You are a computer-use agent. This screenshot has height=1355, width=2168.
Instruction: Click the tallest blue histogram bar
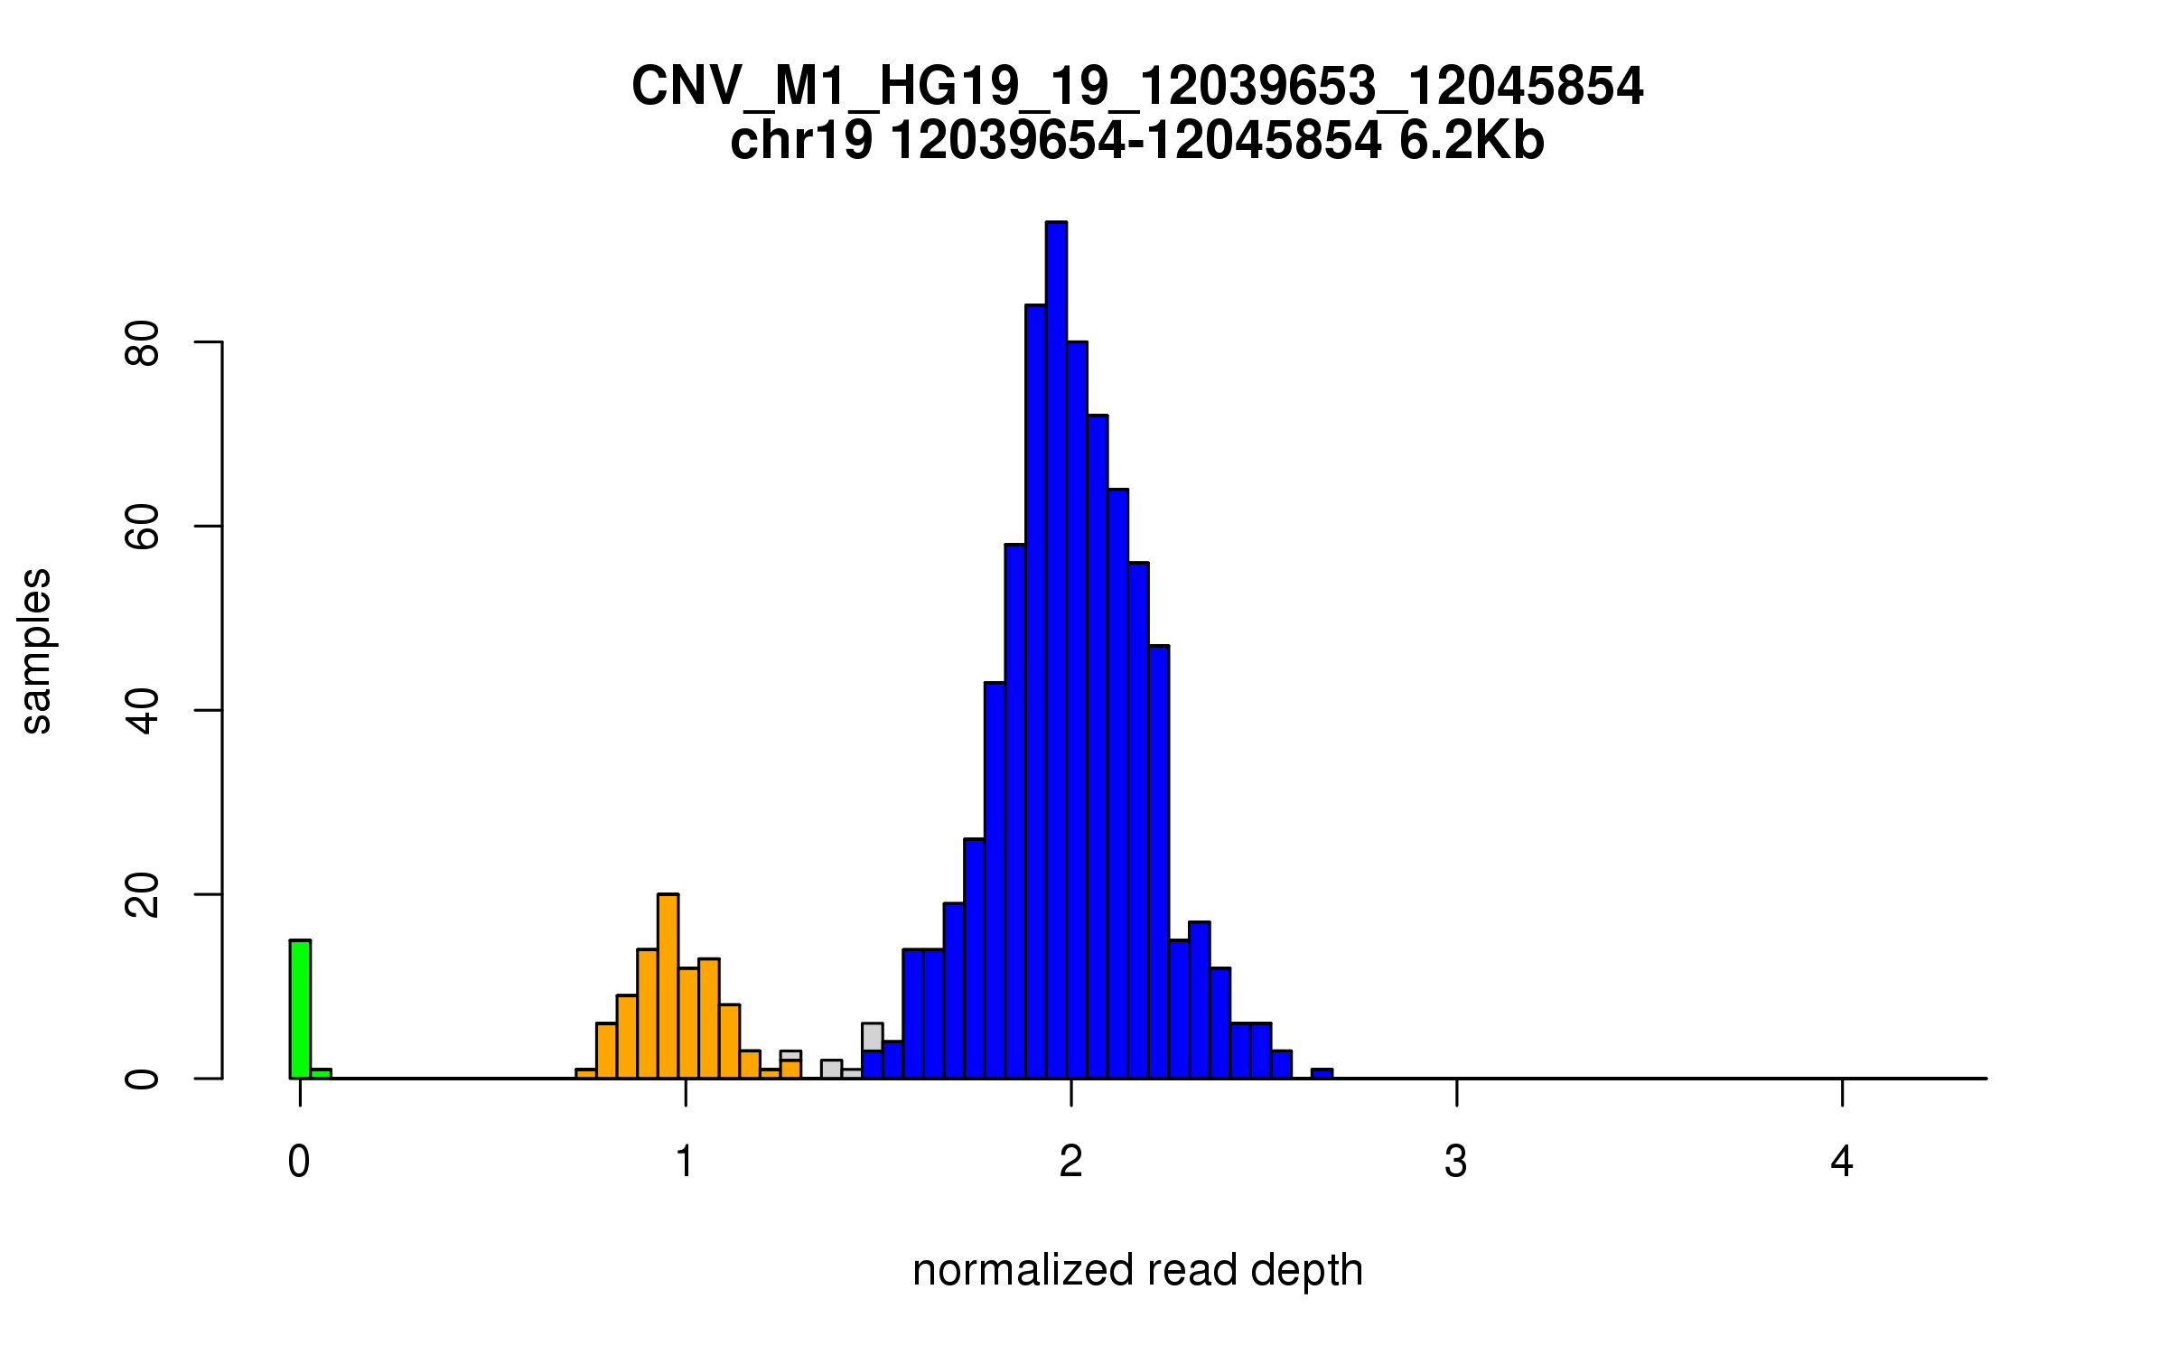pyautogui.click(x=1056, y=650)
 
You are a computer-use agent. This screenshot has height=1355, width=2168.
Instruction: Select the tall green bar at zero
pyautogui.click(x=300, y=1009)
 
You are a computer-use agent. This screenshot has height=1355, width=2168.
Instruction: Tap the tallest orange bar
pyautogui.click(x=668, y=986)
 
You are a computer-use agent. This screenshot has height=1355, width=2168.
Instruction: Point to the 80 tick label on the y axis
pyautogui.click(x=143, y=342)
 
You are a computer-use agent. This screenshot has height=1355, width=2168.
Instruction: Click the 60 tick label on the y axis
pyautogui.click(x=143, y=527)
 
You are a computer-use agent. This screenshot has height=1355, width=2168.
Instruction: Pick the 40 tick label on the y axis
pyautogui.click(x=143, y=711)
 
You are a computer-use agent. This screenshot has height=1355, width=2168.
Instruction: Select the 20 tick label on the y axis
pyautogui.click(x=143, y=895)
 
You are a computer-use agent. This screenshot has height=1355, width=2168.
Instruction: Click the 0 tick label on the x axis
pyautogui.click(x=299, y=1163)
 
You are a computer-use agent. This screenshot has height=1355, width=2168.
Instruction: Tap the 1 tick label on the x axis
pyautogui.click(x=685, y=1163)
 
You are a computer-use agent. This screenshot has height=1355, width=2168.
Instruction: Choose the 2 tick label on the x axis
pyautogui.click(x=1070, y=1163)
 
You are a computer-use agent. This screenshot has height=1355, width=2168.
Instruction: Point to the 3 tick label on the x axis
pyautogui.click(x=1455, y=1163)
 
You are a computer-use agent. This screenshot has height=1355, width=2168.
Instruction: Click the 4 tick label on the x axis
pyautogui.click(x=1842, y=1163)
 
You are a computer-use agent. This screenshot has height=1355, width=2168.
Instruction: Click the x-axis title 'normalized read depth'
pyautogui.click(x=1137, y=1271)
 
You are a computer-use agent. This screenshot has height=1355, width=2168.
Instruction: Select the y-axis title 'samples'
pyautogui.click(x=36, y=651)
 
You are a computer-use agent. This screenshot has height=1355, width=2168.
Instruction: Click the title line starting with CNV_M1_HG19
pyautogui.click(x=1137, y=87)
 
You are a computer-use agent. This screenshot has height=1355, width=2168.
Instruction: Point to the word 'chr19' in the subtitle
pyautogui.click(x=801, y=142)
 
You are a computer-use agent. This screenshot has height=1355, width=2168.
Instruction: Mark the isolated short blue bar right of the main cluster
pyautogui.click(x=1322, y=1073)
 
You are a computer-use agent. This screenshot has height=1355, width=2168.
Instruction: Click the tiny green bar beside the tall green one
pyautogui.click(x=321, y=1073)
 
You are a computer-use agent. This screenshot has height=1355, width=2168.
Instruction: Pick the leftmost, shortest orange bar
pyautogui.click(x=585, y=1073)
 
